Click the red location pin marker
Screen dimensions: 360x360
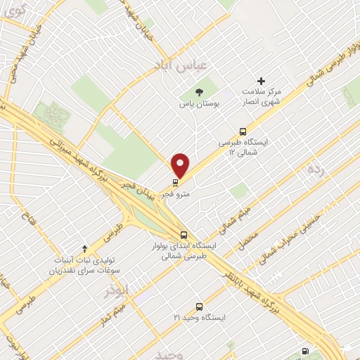[x=181, y=165]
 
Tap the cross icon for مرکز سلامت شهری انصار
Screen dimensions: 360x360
[x=262, y=82]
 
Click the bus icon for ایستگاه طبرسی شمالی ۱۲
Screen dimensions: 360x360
[x=243, y=131]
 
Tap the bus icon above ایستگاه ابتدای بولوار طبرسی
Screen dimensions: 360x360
[x=184, y=235]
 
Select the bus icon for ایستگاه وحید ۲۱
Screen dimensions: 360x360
[x=199, y=307]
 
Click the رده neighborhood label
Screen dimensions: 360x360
[x=315, y=170]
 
